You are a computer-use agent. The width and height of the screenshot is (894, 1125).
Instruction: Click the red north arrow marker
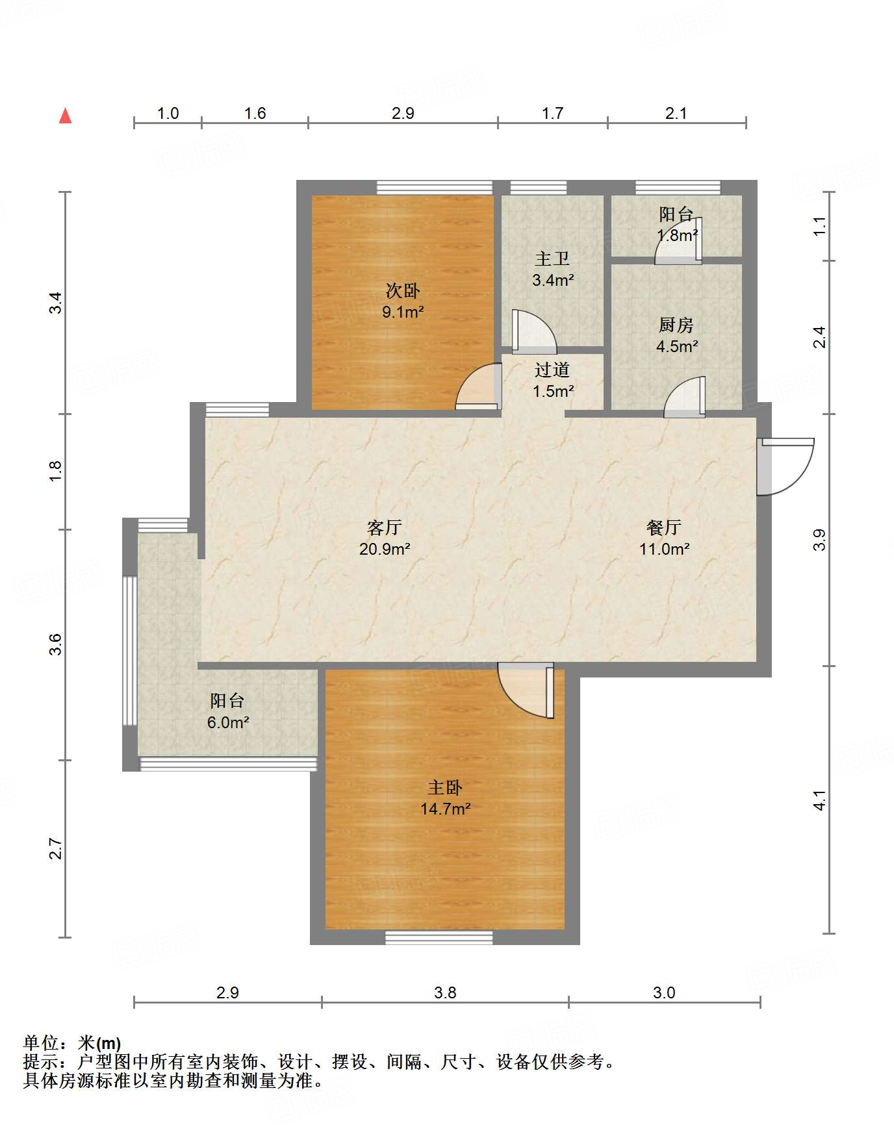[x=65, y=116]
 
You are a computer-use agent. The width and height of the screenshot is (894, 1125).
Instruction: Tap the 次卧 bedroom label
[x=403, y=290]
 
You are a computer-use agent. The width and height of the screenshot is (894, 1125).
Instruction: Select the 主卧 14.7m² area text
[x=445, y=809]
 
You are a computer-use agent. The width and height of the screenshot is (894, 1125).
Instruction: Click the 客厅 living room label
[x=384, y=527]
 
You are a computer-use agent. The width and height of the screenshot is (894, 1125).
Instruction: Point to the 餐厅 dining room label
[x=664, y=527]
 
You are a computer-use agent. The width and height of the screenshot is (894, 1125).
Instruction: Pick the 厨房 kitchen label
[x=676, y=324]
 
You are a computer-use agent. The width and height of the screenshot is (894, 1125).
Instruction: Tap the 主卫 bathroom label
[x=552, y=259]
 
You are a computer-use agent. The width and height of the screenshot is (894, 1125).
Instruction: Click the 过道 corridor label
[x=552, y=370]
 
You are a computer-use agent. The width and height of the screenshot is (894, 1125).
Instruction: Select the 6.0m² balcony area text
[x=228, y=722]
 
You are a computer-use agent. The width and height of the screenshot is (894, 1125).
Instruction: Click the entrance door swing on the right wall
[x=785, y=467]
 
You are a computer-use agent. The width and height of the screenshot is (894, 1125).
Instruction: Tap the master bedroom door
[x=526, y=690]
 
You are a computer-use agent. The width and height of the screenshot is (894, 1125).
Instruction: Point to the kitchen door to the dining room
[x=684, y=397]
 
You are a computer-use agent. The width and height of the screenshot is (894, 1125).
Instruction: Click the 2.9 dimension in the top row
[x=403, y=113]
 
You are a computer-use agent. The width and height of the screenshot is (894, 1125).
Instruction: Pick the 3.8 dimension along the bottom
[x=445, y=992]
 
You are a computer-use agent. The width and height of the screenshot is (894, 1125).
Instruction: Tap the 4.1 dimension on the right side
[x=820, y=800]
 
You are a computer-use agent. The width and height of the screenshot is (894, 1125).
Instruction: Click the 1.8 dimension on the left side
[x=56, y=470]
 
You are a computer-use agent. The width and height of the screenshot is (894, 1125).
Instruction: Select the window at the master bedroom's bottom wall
[x=439, y=937]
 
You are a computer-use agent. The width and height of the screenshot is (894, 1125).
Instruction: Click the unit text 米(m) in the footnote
[x=99, y=1043]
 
